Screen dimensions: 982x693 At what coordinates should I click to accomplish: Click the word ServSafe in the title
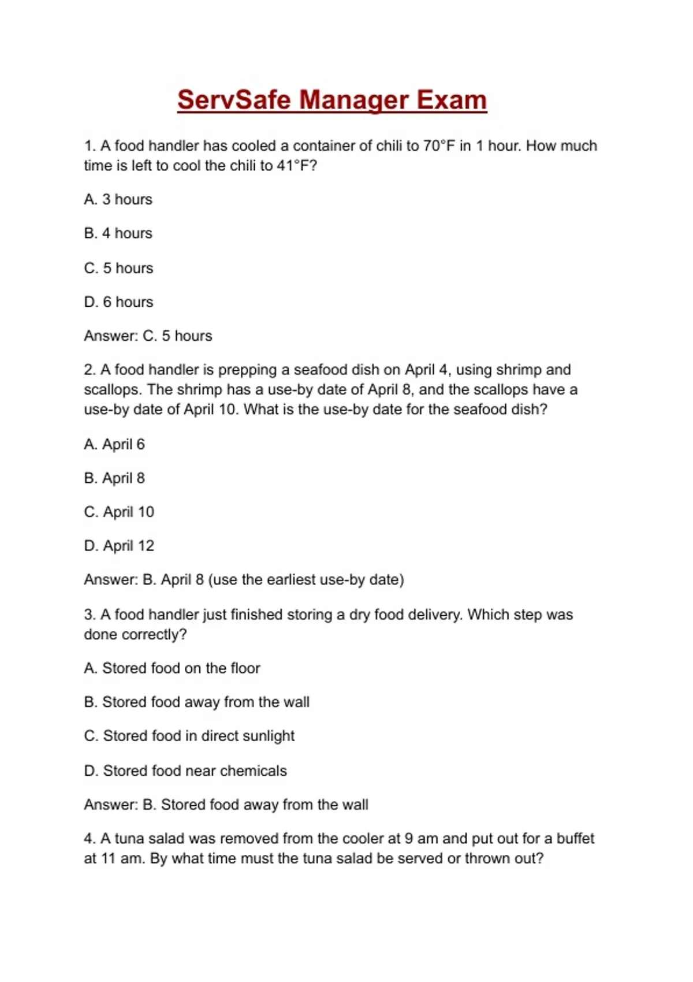(234, 100)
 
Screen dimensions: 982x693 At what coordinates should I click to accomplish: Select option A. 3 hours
(118, 199)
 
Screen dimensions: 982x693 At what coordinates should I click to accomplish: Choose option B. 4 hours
(118, 233)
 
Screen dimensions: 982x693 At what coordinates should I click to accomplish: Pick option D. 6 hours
(118, 302)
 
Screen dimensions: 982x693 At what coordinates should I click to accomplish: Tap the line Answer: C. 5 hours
(148, 336)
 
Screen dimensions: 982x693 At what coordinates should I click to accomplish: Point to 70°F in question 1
(439, 146)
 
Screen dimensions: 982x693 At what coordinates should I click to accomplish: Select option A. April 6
(114, 444)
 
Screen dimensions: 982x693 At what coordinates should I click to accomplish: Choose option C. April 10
(119, 512)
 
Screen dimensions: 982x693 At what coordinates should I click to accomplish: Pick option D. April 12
(119, 546)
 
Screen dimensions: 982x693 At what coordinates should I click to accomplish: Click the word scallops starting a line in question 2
(112, 390)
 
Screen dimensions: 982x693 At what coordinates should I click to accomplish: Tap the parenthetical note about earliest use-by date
(306, 580)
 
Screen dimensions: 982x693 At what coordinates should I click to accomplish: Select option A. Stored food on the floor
(172, 668)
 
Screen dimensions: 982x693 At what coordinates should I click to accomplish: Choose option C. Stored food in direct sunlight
(189, 736)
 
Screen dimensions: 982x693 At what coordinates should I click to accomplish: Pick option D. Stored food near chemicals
(185, 771)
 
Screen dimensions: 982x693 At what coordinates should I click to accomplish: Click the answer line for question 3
(226, 805)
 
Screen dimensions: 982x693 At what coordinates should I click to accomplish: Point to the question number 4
(90, 839)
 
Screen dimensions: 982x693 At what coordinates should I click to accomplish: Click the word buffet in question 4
(575, 839)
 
